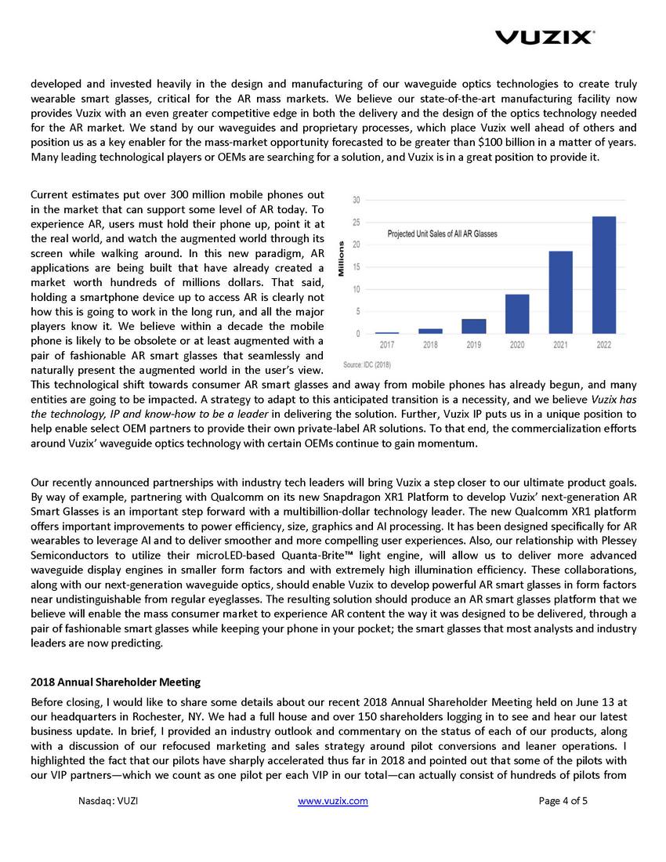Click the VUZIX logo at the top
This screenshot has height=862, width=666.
(545, 37)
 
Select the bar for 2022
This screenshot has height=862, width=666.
(604, 275)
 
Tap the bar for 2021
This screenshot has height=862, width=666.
(560, 292)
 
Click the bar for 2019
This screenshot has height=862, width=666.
(474, 326)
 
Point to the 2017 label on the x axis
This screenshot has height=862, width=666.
(387, 345)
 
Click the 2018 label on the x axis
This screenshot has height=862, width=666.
(430, 345)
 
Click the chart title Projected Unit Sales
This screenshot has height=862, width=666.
(443, 234)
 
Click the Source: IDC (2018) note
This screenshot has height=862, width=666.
(367, 364)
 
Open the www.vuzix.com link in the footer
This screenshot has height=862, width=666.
(334, 801)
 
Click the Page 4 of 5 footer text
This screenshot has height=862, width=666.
(563, 801)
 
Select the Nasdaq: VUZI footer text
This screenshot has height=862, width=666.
(109, 801)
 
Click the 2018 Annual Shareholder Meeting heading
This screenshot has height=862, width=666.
(115, 681)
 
